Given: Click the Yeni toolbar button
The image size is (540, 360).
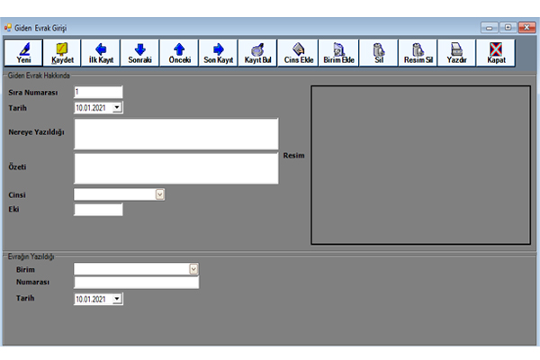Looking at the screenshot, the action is click(23, 53).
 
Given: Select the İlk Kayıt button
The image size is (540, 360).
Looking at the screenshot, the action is click(101, 53).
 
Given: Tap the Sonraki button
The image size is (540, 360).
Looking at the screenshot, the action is click(139, 53).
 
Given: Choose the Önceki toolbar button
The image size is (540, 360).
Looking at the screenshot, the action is click(179, 53).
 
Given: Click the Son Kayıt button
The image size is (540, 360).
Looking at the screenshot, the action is click(219, 53).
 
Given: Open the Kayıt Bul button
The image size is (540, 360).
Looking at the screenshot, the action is click(257, 53).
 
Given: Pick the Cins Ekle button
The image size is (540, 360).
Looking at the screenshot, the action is click(298, 53).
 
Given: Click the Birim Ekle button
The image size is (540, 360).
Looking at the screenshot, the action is click(338, 53).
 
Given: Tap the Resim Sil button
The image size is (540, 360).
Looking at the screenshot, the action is click(418, 53).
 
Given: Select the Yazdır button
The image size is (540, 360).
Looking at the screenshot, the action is click(456, 53).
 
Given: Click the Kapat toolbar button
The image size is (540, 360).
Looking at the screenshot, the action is click(496, 53).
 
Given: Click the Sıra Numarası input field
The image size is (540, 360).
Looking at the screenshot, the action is click(98, 92).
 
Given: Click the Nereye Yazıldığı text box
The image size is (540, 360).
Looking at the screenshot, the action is click(176, 134).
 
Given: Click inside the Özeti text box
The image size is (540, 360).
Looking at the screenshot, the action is click(176, 168).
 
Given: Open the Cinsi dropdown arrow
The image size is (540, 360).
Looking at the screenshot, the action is click(160, 194).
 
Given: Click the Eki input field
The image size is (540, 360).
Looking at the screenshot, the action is click(98, 210).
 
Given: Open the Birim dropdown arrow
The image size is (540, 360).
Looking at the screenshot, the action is click(193, 269).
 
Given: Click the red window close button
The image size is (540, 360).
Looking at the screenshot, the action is click(526, 27).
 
